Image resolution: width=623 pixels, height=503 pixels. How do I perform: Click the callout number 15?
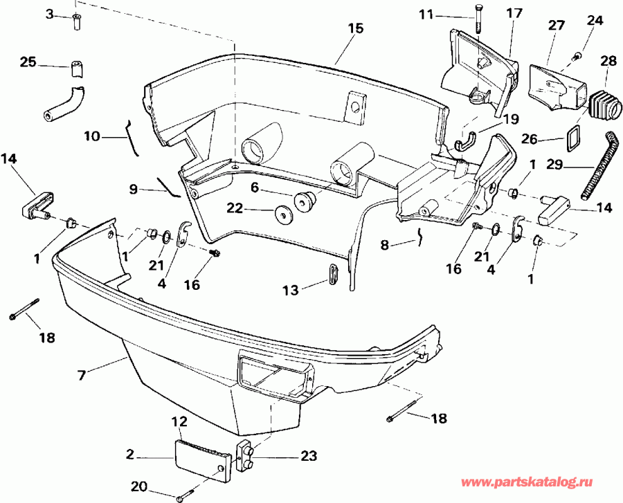(x=354, y=28)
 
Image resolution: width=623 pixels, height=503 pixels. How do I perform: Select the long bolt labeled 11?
(x=477, y=19)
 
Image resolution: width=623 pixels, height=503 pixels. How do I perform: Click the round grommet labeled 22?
(x=283, y=214)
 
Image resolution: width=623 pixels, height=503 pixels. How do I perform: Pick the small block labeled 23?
(x=246, y=456)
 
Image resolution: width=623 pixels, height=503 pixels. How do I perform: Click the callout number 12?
(x=179, y=421)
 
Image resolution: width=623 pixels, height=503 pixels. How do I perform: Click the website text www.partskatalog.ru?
(x=545, y=482)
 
